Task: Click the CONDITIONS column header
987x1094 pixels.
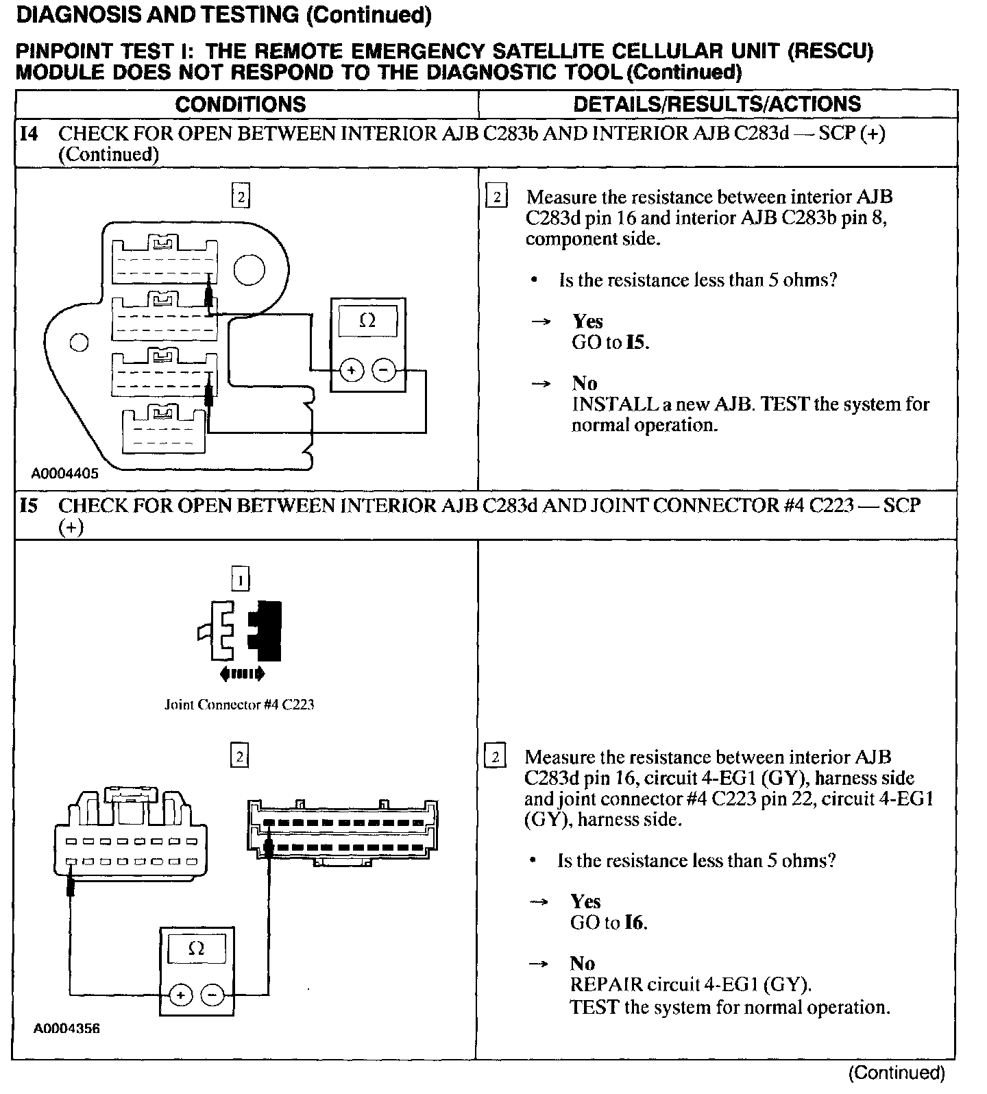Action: [241, 104]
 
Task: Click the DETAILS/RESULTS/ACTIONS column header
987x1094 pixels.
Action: [716, 104]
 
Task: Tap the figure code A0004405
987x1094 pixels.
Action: [64, 473]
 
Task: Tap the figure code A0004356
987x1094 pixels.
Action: [66, 1029]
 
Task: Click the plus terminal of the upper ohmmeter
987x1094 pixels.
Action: [352, 371]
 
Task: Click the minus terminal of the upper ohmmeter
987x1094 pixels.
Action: [384, 371]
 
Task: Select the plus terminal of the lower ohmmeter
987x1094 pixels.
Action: [180, 994]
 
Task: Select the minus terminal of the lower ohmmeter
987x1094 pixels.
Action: [213, 994]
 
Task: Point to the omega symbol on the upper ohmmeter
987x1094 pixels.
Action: [367, 321]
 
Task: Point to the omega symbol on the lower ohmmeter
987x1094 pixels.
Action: [196, 949]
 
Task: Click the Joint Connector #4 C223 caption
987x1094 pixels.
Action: [239, 705]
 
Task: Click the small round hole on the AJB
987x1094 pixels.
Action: [80, 342]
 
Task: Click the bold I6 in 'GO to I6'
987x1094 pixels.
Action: [634, 923]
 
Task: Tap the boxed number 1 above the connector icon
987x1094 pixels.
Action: [240, 581]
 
